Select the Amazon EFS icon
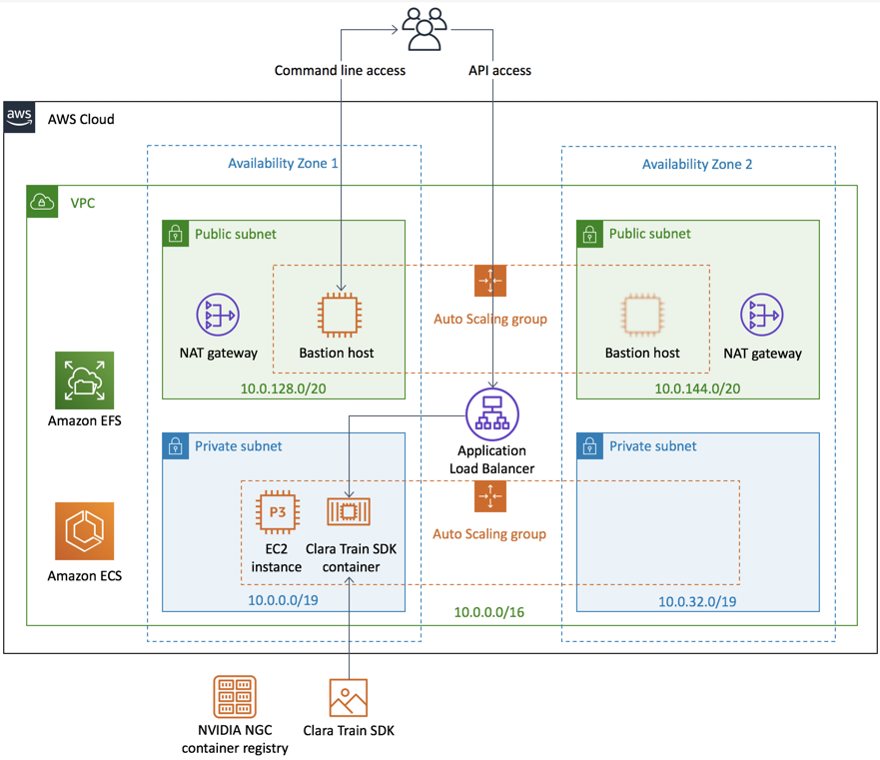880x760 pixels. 85,380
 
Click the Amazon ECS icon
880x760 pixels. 85,532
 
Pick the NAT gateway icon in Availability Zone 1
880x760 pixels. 218,316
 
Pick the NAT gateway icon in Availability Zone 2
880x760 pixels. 761,316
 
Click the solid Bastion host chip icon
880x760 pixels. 337,316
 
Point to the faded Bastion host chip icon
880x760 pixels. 642,316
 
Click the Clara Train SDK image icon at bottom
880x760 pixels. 349,698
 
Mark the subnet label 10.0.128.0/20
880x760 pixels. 283,388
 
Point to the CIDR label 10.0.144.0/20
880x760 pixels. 696,388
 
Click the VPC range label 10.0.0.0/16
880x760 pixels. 489,612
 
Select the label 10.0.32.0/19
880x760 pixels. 697,601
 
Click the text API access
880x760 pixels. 499,71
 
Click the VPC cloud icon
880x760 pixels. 42,202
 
